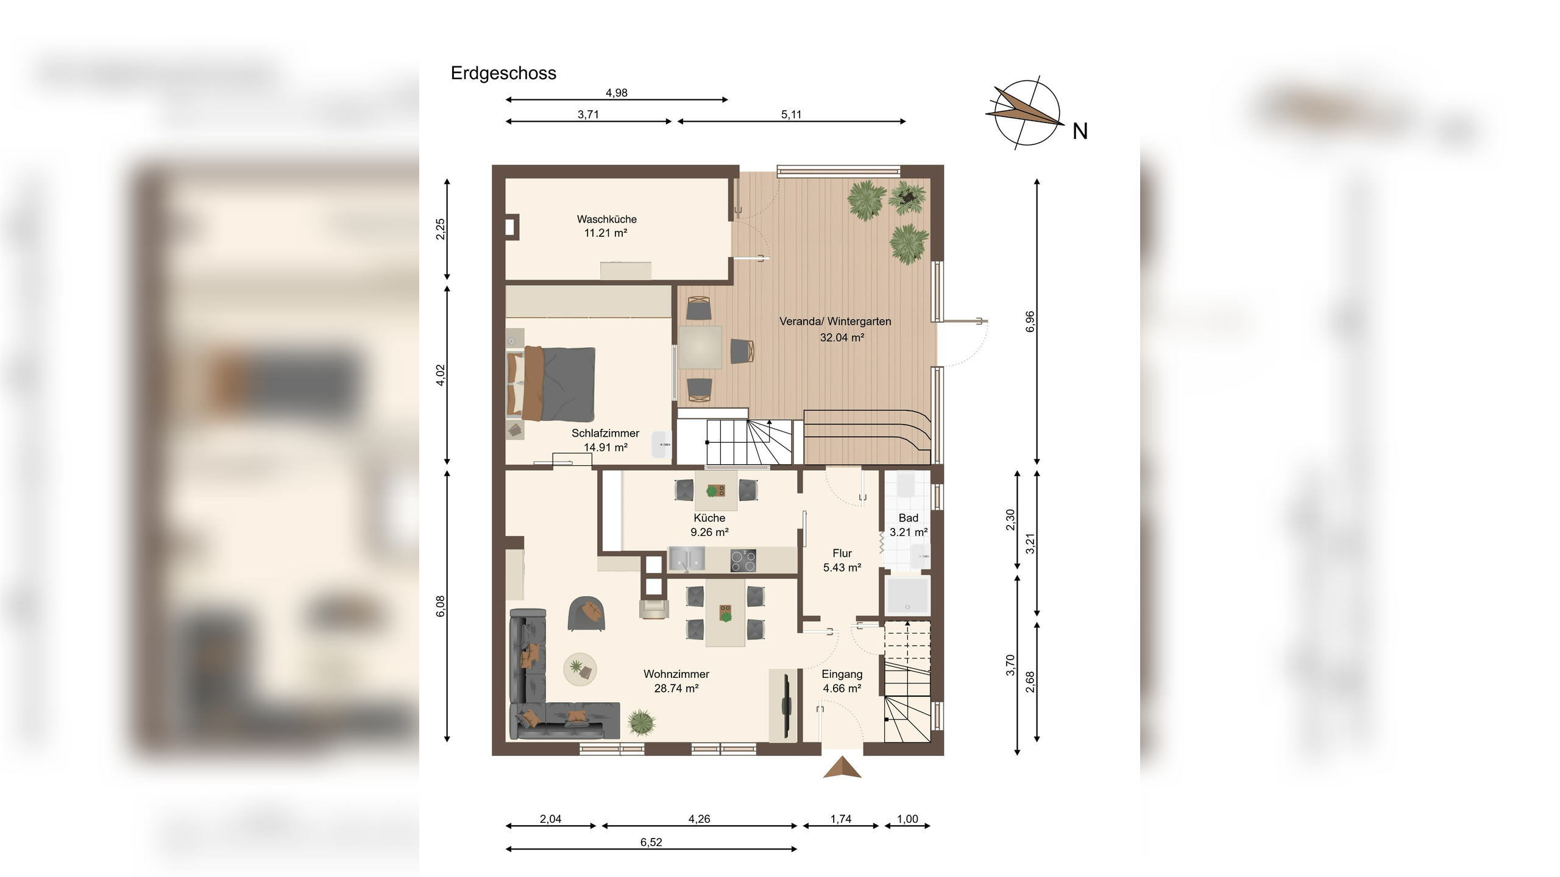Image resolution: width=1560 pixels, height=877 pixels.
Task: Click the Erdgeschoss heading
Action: (503, 74)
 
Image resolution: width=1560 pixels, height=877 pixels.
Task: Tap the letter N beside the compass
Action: (1080, 132)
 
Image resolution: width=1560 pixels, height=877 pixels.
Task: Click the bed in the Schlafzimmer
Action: (551, 384)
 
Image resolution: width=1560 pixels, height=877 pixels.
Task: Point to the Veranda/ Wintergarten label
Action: (835, 322)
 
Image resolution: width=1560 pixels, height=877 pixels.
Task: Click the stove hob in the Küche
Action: (743, 560)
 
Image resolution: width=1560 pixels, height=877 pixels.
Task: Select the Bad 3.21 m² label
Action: (909, 525)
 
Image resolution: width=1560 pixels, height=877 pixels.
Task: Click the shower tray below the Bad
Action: (908, 595)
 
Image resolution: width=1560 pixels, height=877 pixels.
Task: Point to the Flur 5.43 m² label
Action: (842, 560)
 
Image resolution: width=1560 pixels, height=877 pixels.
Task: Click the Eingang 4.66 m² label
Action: (842, 682)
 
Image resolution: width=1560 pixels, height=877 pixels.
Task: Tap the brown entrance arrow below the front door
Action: (842, 767)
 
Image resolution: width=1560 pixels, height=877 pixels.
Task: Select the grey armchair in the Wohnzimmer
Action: (587, 613)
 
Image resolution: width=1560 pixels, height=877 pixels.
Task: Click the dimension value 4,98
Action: (616, 93)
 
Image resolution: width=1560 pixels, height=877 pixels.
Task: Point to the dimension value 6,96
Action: (1030, 322)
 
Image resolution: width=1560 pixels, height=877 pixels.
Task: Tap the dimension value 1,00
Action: (907, 819)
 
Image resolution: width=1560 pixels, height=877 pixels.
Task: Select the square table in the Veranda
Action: (701, 347)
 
